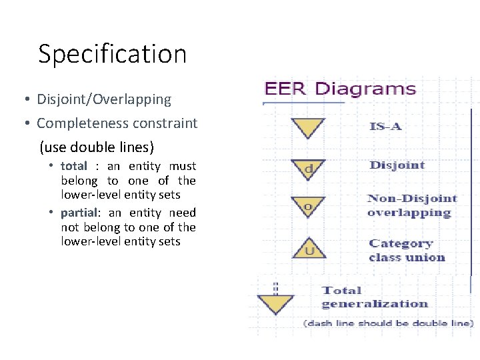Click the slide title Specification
click(x=112, y=54)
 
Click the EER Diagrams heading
click(x=340, y=89)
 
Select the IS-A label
click(x=386, y=127)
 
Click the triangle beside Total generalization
click(x=275, y=304)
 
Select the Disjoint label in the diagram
click(x=397, y=165)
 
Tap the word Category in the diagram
click(x=401, y=244)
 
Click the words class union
click(x=407, y=258)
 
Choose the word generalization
click(x=375, y=304)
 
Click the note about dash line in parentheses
click(x=388, y=323)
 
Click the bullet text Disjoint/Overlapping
click(x=104, y=100)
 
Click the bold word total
click(x=73, y=166)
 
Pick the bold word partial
click(x=79, y=213)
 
